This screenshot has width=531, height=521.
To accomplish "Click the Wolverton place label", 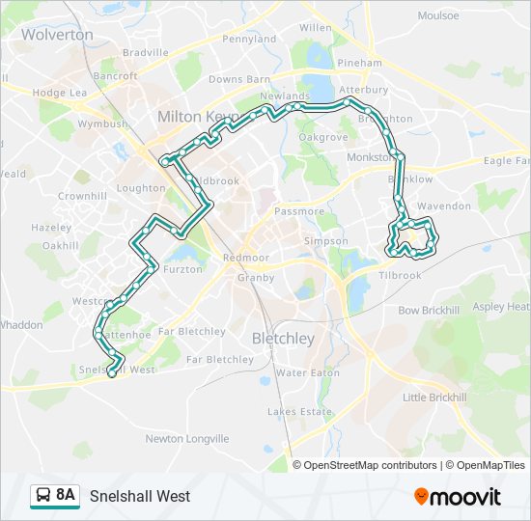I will point(57,34).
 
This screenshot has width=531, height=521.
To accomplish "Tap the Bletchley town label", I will point(283,339).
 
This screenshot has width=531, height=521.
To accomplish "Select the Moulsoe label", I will point(438,16).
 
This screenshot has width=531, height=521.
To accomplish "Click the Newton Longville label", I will point(187,438).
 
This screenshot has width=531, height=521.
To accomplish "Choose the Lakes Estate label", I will point(299,412).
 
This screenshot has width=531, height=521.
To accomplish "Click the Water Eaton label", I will point(307,372).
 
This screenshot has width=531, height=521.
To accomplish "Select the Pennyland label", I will point(249,40).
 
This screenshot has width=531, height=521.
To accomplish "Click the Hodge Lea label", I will point(60,93).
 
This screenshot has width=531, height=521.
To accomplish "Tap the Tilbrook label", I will point(400,275).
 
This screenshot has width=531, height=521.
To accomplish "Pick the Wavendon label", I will point(444,206).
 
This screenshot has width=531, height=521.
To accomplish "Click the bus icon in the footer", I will point(43,496).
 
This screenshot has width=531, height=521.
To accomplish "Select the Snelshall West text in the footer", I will point(140,497).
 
